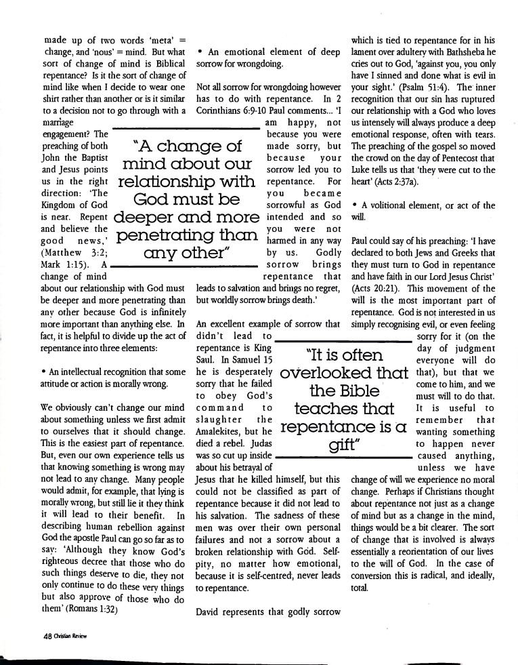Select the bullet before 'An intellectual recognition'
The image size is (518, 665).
[43, 372]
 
